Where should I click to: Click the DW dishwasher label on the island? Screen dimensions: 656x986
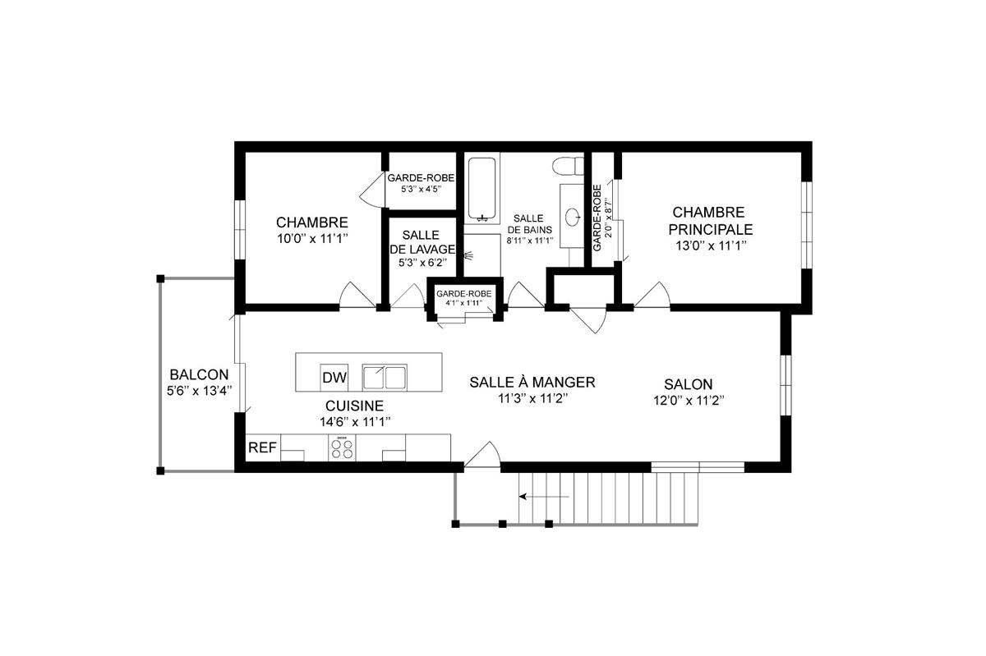(334, 378)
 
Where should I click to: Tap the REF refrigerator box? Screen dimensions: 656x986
(262, 448)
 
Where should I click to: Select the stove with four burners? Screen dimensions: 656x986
(343, 448)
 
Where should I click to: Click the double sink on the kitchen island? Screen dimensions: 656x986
(384, 378)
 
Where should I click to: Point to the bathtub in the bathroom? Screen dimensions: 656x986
(482, 190)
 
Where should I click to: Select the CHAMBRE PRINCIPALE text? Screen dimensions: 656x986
(711, 221)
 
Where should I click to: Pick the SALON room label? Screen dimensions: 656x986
(689, 384)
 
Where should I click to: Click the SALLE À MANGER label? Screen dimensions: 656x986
(532, 383)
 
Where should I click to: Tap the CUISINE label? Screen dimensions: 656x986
(354, 406)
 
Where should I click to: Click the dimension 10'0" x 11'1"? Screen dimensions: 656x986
(311, 239)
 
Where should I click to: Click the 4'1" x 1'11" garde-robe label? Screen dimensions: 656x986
(463, 303)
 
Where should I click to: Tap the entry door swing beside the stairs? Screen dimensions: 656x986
(483, 456)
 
